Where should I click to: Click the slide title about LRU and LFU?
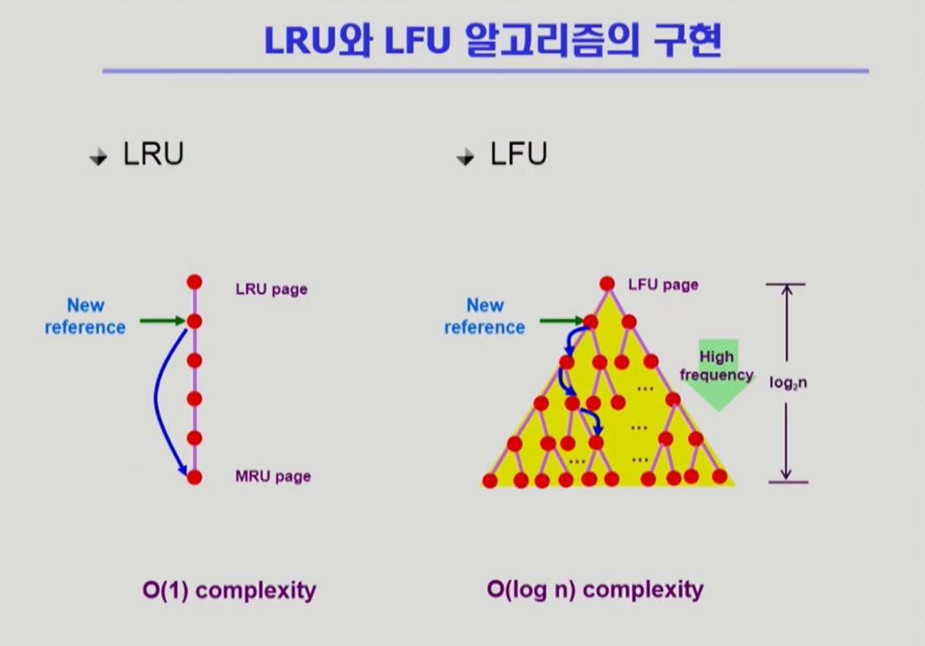[x=493, y=42]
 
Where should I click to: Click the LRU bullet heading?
[x=153, y=154]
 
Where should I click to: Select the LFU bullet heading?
[x=519, y=154]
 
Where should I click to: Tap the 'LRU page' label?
[x=271, y=289]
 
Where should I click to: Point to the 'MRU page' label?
[x=273, y=476]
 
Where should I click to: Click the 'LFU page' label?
[x=663, y=285]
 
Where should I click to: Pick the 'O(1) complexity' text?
[x=229, y=590]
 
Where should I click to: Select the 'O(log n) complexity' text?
[x=595, y=590]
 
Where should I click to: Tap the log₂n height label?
[x=788, y=383]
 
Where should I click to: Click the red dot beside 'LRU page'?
[x=194, y=282]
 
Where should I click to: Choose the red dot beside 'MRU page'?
[x=194, y=478]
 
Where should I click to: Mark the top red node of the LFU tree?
[x=607, y=284]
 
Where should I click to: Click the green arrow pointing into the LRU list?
[x=162, y=320]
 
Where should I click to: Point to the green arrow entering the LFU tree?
[x=561, y=320]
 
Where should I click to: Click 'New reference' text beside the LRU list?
[x=86, y=316]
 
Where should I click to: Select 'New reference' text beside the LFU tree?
[x=484, y=316]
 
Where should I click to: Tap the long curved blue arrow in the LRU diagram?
[x=157, y=399]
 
